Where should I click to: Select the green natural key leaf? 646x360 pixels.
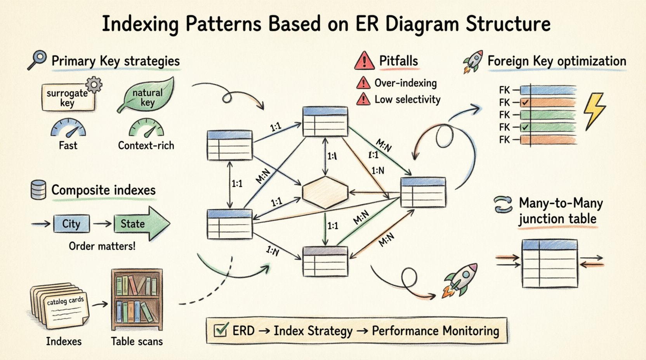[x=146, y=95]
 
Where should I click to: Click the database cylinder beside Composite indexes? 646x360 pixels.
[x=38, y=190]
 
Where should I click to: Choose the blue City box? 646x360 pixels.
[x=71, y=224]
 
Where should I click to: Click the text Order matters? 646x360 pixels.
[x=102, y=246]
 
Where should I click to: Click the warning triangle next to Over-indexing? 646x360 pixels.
[x=363, y=83]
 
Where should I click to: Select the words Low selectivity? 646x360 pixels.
[x=407, y=100]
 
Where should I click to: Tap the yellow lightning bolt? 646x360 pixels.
[x=594, y=111]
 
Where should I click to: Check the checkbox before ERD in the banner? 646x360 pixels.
[x=221, y=331]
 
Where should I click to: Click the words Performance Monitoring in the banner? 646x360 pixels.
[x=435, y=331]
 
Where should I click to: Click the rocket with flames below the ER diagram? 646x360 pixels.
[x=461, y=280]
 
